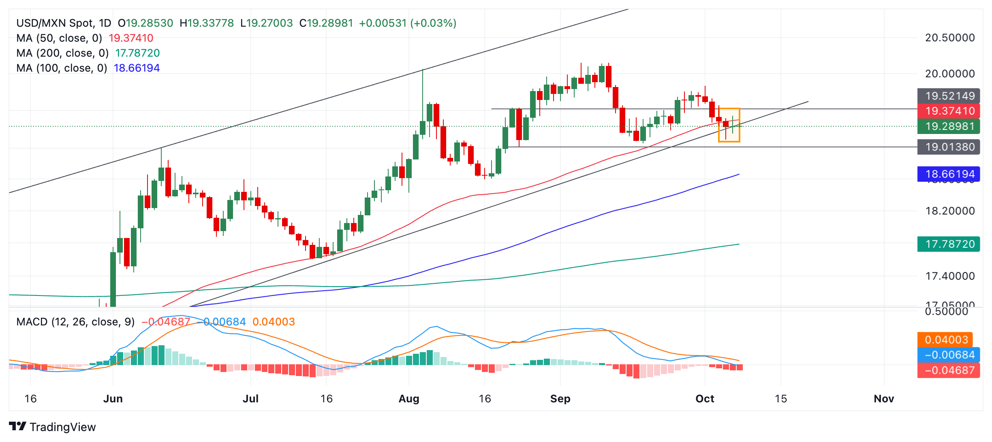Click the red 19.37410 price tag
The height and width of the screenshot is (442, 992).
tap(948, 111)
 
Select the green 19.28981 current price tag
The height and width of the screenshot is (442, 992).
tap(948, 126)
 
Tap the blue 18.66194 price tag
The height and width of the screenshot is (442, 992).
tap(948, 174)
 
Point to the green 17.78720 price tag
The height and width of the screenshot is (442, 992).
tap(948, 244)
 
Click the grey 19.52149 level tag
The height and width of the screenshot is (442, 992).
tap(948, 96)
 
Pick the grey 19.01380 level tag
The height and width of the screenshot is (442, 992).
tap(948, 147)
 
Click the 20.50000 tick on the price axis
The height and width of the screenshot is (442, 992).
tap(949, 38)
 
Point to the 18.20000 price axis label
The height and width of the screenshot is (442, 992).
tap(949, 211)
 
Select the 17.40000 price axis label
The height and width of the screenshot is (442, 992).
tap(949, 276)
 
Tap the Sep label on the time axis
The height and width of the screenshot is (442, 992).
tap(560, 399)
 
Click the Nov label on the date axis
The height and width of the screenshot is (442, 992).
tap(883, 399)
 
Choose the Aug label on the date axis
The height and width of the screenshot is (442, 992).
tap(408, 399)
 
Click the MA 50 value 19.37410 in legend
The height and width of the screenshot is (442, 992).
tap(131, 38)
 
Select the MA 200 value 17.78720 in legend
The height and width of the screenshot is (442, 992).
tap(137, 53)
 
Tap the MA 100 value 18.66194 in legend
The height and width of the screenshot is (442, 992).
tap(137, 68)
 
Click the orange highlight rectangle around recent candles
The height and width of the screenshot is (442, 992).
tap(729, 125)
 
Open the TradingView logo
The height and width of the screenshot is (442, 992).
tap(52, 427)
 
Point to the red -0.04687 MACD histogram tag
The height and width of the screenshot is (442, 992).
tap(948, 370)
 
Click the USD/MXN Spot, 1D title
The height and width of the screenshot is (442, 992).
tap(64, 23)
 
